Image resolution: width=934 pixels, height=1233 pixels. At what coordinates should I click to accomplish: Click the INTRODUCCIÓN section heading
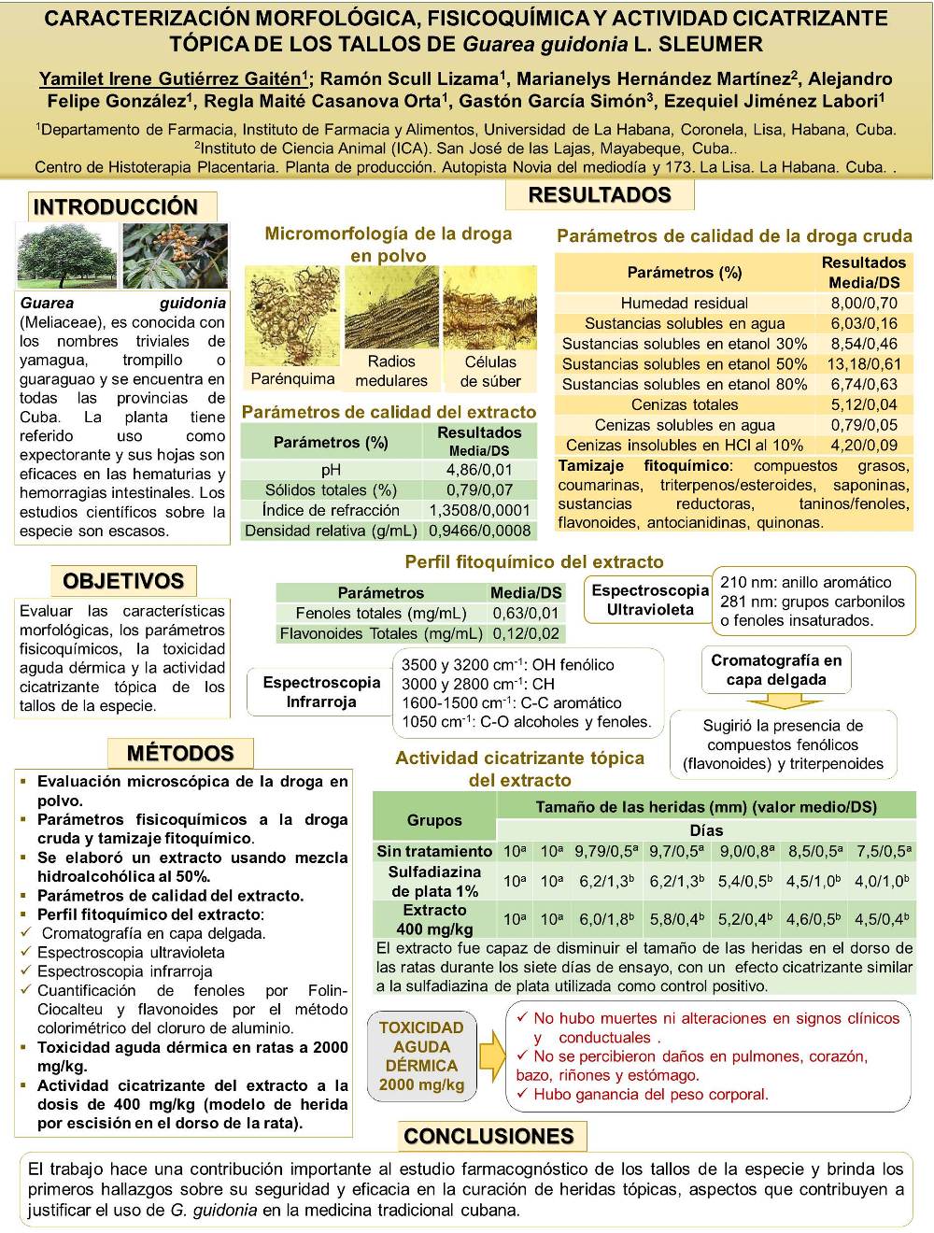pos(116,206)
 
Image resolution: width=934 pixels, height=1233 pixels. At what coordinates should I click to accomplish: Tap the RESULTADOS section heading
pos(600,195)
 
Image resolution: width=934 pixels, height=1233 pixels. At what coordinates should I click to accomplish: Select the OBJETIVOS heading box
pos(123,581)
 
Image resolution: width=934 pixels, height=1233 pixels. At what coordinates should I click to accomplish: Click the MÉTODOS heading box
pos(180,753)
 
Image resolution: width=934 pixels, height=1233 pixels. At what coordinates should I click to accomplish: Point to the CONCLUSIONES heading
pos(488,1136)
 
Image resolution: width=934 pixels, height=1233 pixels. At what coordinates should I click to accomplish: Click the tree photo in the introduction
pos(67,255)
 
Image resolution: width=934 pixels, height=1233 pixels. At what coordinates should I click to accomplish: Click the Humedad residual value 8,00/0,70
pos(864,303)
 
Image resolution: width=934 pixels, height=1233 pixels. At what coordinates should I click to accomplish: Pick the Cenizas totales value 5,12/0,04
pos(864,404)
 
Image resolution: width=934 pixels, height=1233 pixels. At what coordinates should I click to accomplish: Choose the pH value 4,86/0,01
pos(479,470)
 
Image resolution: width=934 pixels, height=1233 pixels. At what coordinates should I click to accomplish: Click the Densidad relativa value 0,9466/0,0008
pos(479,531)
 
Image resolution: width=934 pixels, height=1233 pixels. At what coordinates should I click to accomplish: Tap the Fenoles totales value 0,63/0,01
pos(526,613)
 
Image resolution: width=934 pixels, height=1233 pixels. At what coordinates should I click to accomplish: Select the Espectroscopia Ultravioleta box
pos(650,600)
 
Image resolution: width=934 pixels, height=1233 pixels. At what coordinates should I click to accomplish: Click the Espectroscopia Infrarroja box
pos(321,692)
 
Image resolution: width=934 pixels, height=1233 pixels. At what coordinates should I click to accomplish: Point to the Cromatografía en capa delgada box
pos(776,670)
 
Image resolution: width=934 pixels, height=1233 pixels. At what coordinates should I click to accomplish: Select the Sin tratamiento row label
pos(434,851)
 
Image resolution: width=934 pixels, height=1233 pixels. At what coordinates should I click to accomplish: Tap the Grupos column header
pos(434,820)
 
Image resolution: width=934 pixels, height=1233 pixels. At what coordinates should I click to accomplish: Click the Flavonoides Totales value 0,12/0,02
pos(526,633)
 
